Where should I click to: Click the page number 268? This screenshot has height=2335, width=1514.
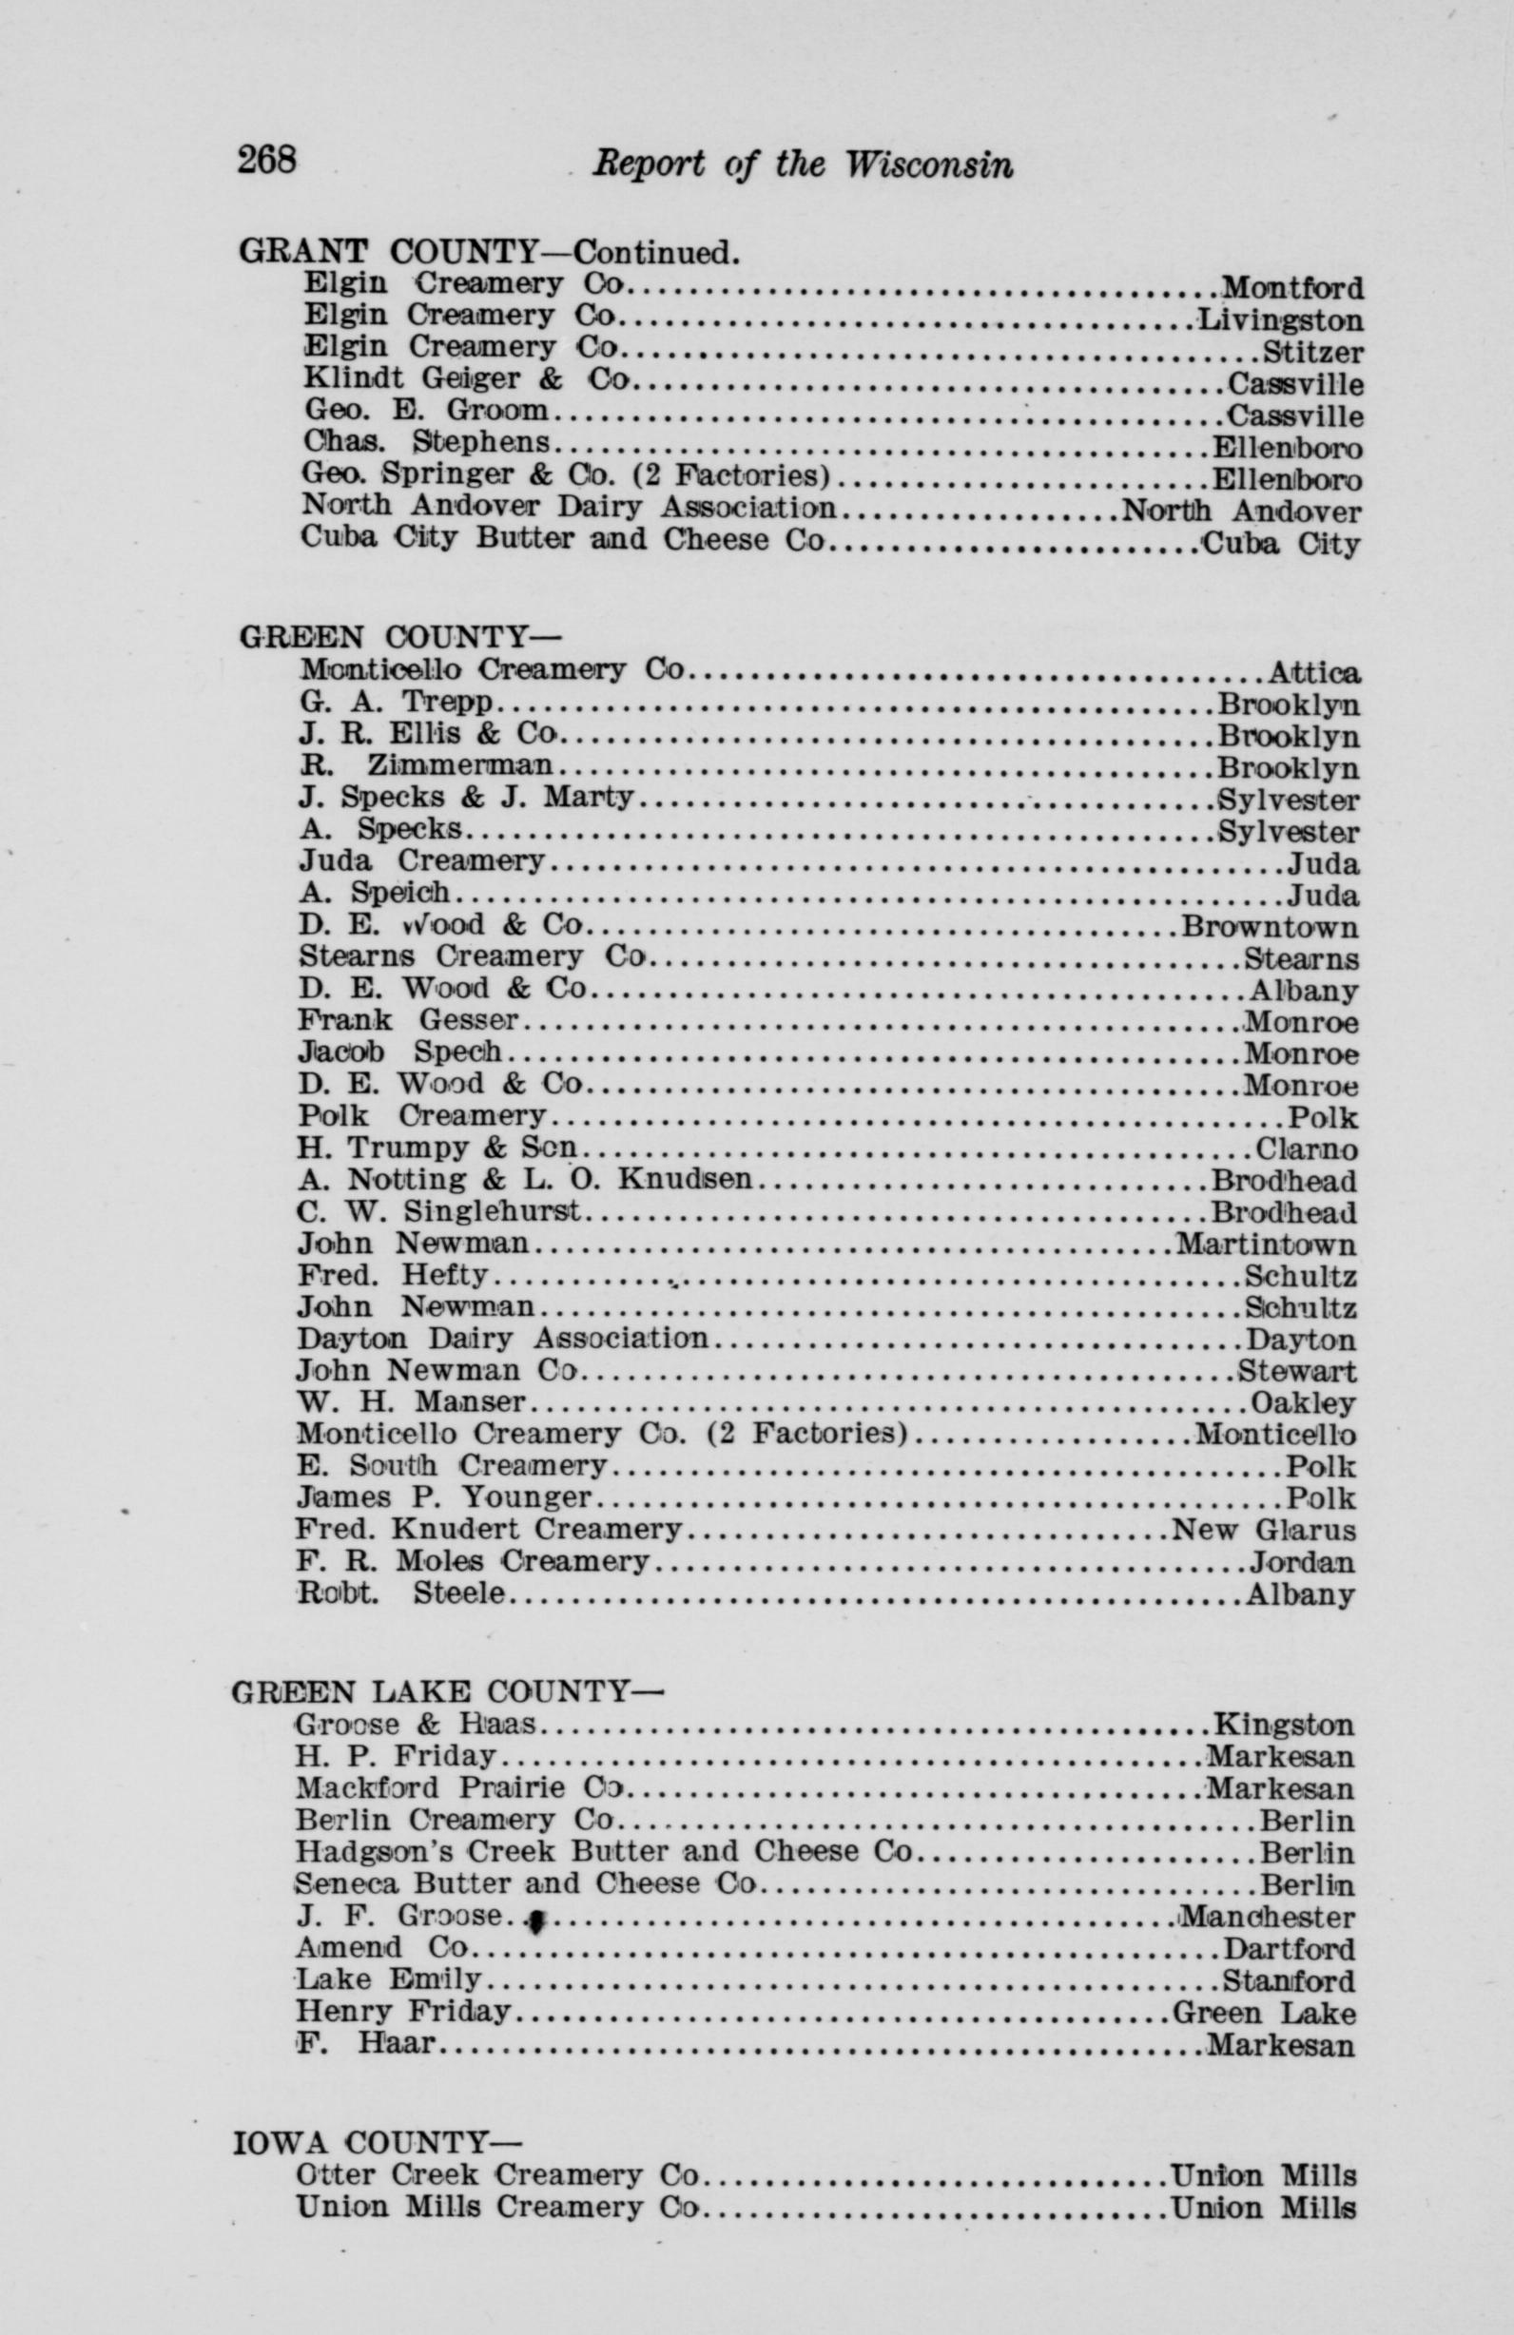click(x=266, y=158)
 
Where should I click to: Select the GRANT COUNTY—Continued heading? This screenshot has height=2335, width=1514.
click(x=488, y=252)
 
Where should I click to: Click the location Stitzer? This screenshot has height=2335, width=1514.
click(x=1311, y=350)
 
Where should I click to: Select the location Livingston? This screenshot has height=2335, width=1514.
click(x=1279, y=318)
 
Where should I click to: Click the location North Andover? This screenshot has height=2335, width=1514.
click(x=1241, y=511)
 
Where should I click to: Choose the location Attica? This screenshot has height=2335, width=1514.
click(x=1312, y=673)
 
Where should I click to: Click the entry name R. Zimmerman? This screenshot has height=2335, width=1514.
click(x=425, y=765)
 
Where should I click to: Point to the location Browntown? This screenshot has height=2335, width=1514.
click(x=1270, y=926)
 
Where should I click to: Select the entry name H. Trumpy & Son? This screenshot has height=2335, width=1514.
click(x=437, y=1148)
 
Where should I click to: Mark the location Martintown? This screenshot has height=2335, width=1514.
click(x=1266, y=1245)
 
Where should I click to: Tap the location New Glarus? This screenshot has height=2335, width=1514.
click(x=1264, y=1531)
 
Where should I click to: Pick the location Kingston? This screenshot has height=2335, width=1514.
click(x=1285, y=1724)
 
